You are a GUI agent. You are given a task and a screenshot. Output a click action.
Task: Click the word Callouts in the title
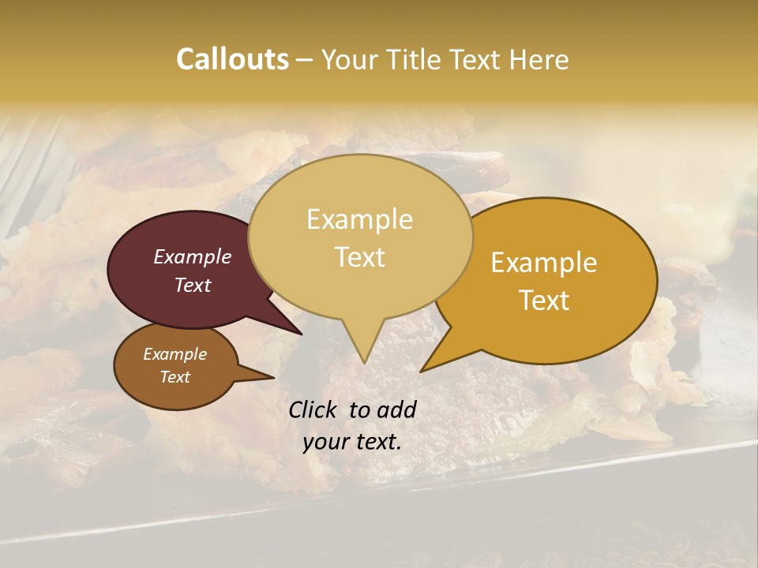[232, 59]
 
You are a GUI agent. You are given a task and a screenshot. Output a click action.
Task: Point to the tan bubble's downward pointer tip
[364, 362]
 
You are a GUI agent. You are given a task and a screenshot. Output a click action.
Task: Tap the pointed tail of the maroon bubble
[300, 333]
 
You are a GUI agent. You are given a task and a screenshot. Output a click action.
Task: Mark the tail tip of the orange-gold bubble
[422, 370]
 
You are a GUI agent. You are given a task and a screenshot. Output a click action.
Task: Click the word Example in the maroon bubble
[193, 257]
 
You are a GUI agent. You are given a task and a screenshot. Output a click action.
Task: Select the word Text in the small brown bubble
[174, 377]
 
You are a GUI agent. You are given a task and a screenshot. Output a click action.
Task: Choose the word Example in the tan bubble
[360, 219]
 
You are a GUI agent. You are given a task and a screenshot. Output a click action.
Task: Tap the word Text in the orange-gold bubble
[544, 301]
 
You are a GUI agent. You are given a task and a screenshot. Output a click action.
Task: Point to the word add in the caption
[396, 409]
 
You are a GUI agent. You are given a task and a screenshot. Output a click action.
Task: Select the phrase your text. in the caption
[352, 442]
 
